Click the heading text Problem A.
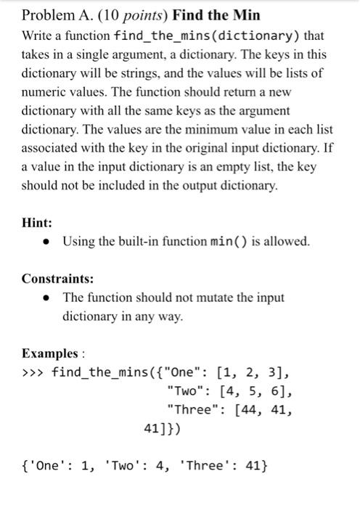[x=54, y=15]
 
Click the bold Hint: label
[x=37, y=224]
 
